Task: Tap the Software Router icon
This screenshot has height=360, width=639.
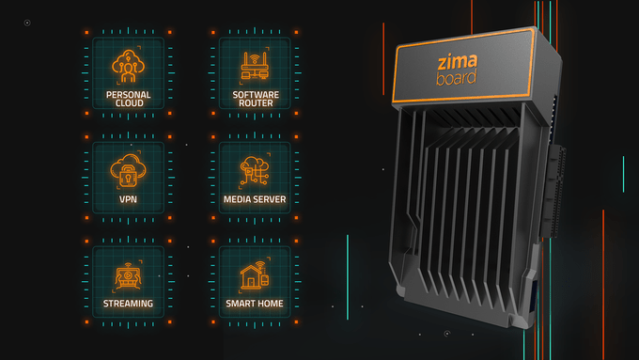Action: point(254,67)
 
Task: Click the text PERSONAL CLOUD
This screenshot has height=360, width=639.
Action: point(128,100)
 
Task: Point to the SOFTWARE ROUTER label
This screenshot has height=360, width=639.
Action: point(254,100)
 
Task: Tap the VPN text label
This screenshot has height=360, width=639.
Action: point(128,199)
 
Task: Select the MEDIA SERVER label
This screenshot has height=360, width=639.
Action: point(254,199)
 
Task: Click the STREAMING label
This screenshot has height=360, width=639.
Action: point(128,304)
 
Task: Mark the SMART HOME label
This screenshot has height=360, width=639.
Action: point(254,304)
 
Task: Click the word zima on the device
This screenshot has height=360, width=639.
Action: point(458,62)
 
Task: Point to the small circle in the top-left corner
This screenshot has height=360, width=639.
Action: point(27,22)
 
